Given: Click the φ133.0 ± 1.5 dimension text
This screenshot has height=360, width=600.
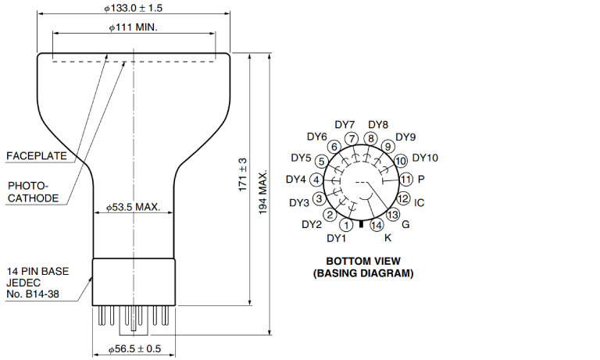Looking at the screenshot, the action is (x=133, y=8).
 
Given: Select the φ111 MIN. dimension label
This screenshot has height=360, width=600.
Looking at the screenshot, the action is (x=133, y=27).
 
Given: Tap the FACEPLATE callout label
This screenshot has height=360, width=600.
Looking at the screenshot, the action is (x=37, y=155).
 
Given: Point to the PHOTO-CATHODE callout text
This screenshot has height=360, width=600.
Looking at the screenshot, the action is (x=34, y=192).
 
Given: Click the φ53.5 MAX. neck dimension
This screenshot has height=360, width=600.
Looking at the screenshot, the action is (x=133, y=207).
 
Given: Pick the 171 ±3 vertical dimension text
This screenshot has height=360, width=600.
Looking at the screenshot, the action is (x=243, y=174).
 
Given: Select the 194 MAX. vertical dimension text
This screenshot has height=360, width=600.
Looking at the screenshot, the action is (x=262, y=192).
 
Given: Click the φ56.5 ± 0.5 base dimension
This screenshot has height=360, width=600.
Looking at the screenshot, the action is (x=134, y=349).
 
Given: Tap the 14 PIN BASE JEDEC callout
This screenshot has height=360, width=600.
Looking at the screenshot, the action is (x=37, y=283).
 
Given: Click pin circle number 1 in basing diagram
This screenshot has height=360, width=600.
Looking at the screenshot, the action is (x=347, y=225).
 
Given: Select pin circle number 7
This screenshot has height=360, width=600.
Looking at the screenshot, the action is (x=352, y=138).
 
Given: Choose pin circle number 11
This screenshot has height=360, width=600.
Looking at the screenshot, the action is (x=406, y=179).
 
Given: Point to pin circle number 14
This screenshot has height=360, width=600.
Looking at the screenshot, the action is (x=377, y=225).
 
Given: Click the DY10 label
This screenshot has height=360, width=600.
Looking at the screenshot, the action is (x=425, y=158).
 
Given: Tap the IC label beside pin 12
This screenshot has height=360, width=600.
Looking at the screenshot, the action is (x=419, y=202).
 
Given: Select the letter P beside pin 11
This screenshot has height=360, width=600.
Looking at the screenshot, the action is (x=421, y=179).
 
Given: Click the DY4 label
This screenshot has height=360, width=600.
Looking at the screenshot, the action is (x=296, y=179).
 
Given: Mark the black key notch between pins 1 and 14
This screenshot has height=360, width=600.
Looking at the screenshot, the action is (x=361, y=224).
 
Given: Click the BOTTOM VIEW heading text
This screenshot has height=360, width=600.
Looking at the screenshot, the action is (x=363, y=262).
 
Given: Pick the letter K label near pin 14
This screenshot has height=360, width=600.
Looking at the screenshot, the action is (x=387, y=238).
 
